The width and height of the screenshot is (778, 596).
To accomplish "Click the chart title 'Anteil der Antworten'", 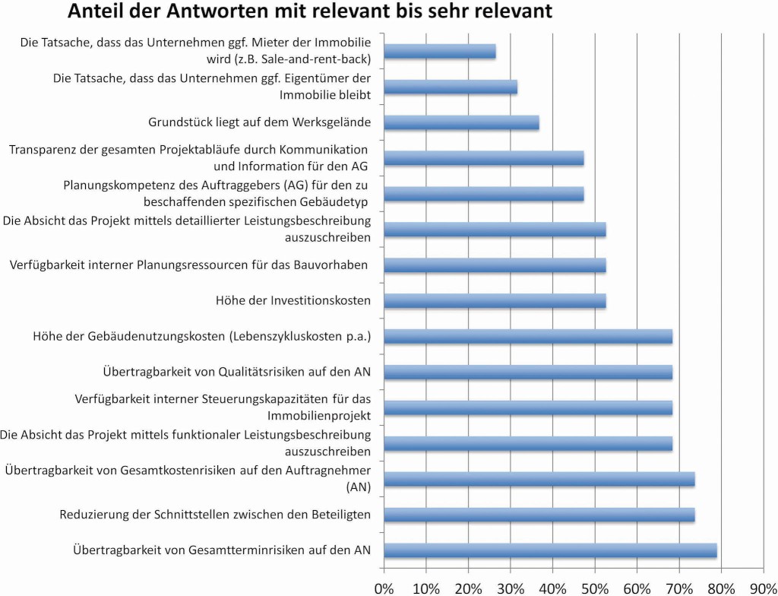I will (309, 12).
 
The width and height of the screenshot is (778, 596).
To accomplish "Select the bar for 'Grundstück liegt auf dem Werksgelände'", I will (462, 122).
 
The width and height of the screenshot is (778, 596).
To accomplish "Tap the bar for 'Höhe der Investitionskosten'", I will (495, 301).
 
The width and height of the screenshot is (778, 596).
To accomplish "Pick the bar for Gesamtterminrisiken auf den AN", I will (551, 550).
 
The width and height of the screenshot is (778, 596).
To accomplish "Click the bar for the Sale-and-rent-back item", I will (440, 51).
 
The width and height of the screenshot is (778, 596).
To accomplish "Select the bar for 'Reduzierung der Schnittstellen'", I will (539, 515).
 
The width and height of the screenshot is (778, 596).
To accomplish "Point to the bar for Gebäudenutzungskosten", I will (529, 336).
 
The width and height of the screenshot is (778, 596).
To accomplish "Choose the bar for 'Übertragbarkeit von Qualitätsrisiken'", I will (529, 372).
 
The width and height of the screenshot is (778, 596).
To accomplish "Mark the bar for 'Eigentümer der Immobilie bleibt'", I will (451, 87).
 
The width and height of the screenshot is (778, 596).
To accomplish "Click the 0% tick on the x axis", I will (385, 587).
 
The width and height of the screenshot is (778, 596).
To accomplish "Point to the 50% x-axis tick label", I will (595, 587).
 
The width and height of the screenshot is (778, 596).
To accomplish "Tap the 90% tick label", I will (762, 587).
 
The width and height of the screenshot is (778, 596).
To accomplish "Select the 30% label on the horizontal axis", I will (511, 587).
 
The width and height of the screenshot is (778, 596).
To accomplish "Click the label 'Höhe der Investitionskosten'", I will (293, 301).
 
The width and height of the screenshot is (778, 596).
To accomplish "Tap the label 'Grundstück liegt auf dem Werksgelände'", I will (259, 122).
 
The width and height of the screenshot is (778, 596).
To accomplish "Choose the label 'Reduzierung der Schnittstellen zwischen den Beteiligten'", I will (215, 515).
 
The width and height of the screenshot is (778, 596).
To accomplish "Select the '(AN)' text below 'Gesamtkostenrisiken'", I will (357, 486).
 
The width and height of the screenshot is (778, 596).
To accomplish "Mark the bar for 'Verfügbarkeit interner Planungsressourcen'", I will (495, 265).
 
